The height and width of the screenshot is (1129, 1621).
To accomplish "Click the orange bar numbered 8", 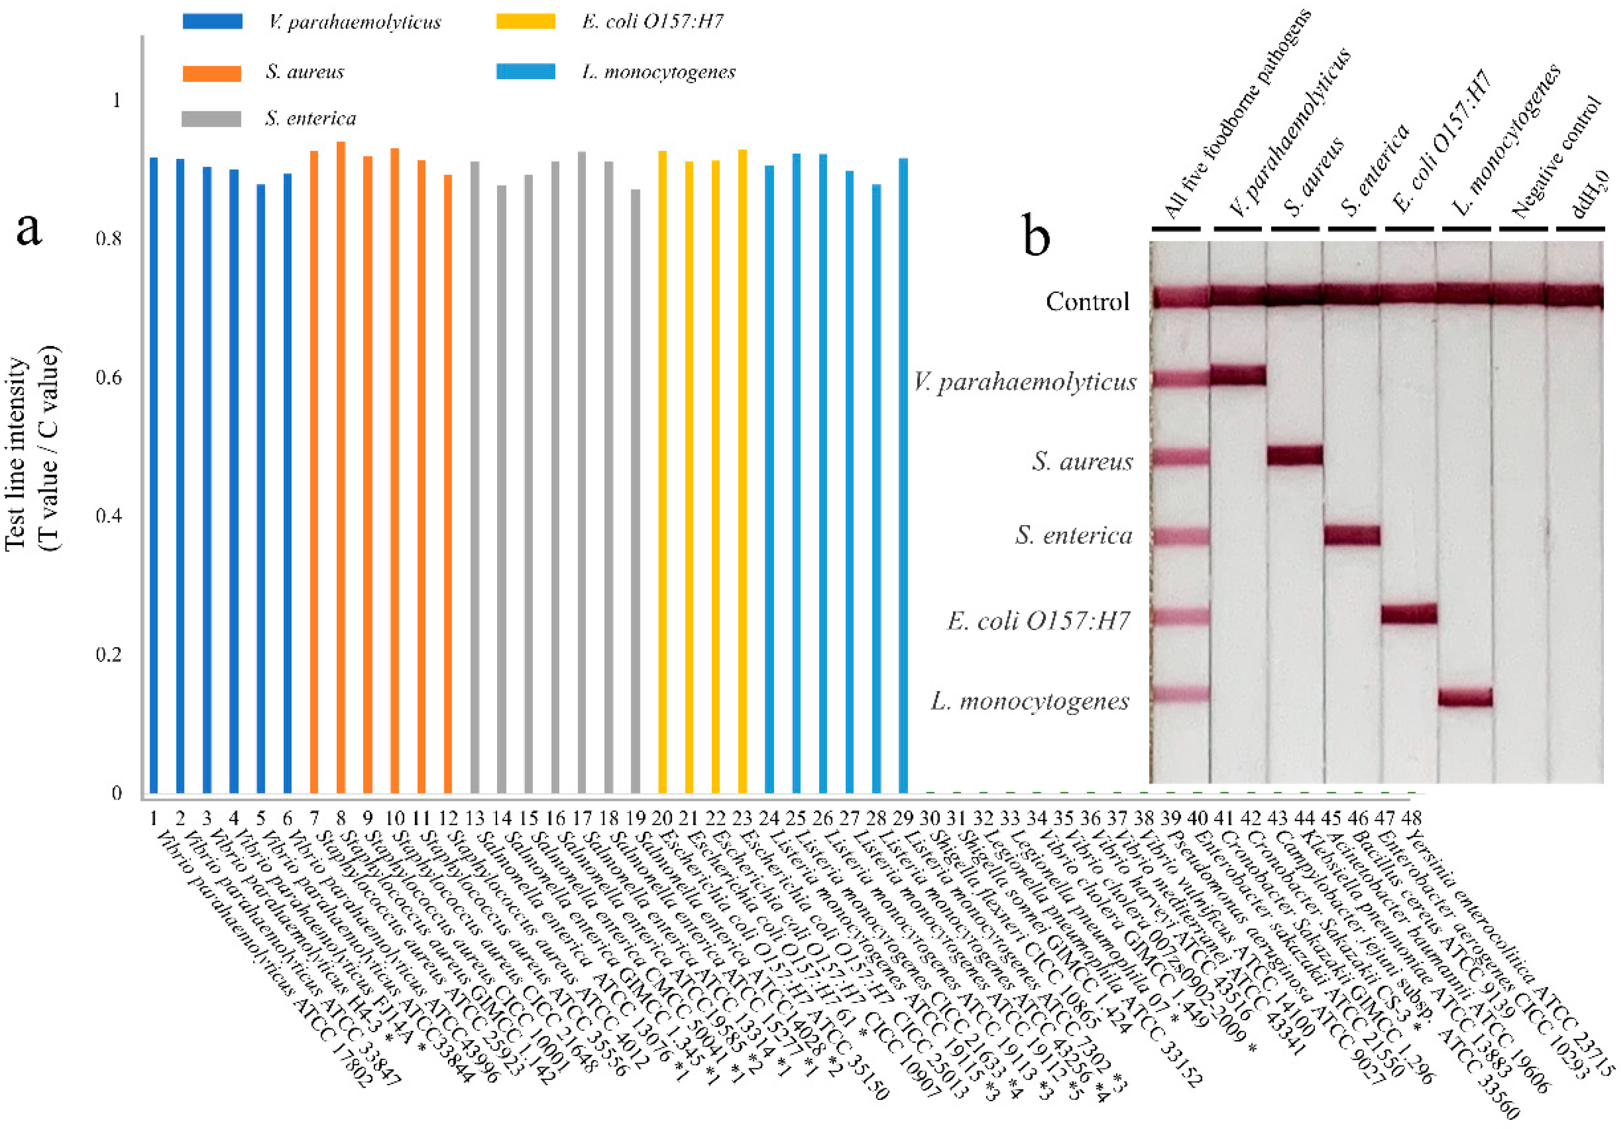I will click(x=341, y=466).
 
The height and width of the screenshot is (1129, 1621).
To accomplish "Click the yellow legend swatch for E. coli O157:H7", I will click(x=525, y=21).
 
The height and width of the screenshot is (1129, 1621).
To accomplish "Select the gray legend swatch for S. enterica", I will click(x=211, y=119).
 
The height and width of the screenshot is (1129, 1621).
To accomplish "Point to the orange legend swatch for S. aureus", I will click(x=211, y=73).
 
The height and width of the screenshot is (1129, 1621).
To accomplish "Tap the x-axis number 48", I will click(x=1411, y=819).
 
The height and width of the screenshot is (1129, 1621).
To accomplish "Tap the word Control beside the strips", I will click(x=1087, y=302).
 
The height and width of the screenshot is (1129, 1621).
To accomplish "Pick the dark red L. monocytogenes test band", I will click(x=1465, y=698).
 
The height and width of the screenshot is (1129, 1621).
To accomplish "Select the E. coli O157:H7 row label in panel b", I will click(x=1038, y=621).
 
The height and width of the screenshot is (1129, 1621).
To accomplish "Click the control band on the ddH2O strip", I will click(x=1574, y=296).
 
